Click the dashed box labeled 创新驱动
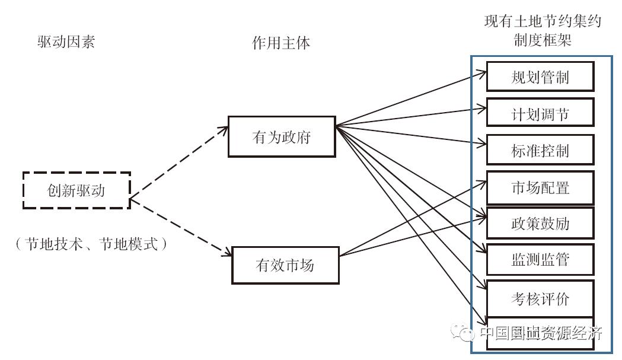tap(76, 190)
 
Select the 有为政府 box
tap(282, 138)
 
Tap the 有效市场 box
tap(285, 265)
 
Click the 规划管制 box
tap(540, 77)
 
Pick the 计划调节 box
tap(540, 113)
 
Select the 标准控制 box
tap(540, 150)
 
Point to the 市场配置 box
tap(540, 187)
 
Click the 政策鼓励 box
tap(540, 224)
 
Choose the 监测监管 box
tap(540, 260)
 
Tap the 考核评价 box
tap(540, 298)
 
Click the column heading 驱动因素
tap(66, 43)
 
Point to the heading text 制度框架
tap(543, 40)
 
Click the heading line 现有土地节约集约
tap(543, 23)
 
